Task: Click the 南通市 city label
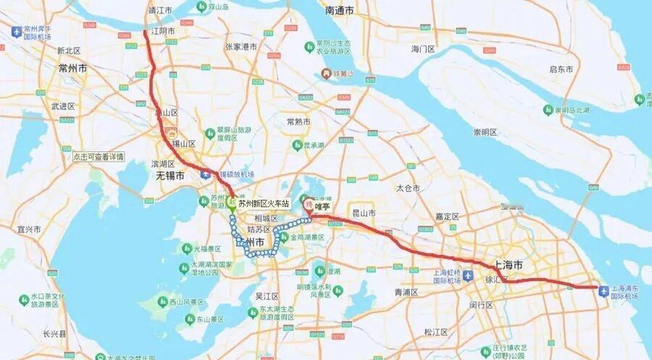click(x=340, y=11)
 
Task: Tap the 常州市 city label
click(x=72, y=67)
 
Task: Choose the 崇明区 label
click(x=485, y=132)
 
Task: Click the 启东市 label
click(x=561, y=69)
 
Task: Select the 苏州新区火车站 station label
click(x=264, y=204)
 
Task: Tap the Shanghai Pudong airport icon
click(x=605, y=290)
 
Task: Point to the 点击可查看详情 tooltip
click(x=99, y=156)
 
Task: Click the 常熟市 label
click(x=298, y=121)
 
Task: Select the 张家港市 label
click(x=241, y=46)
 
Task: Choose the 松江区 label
click(x=437, y=332)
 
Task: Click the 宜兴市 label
click(x=30, y=229)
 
